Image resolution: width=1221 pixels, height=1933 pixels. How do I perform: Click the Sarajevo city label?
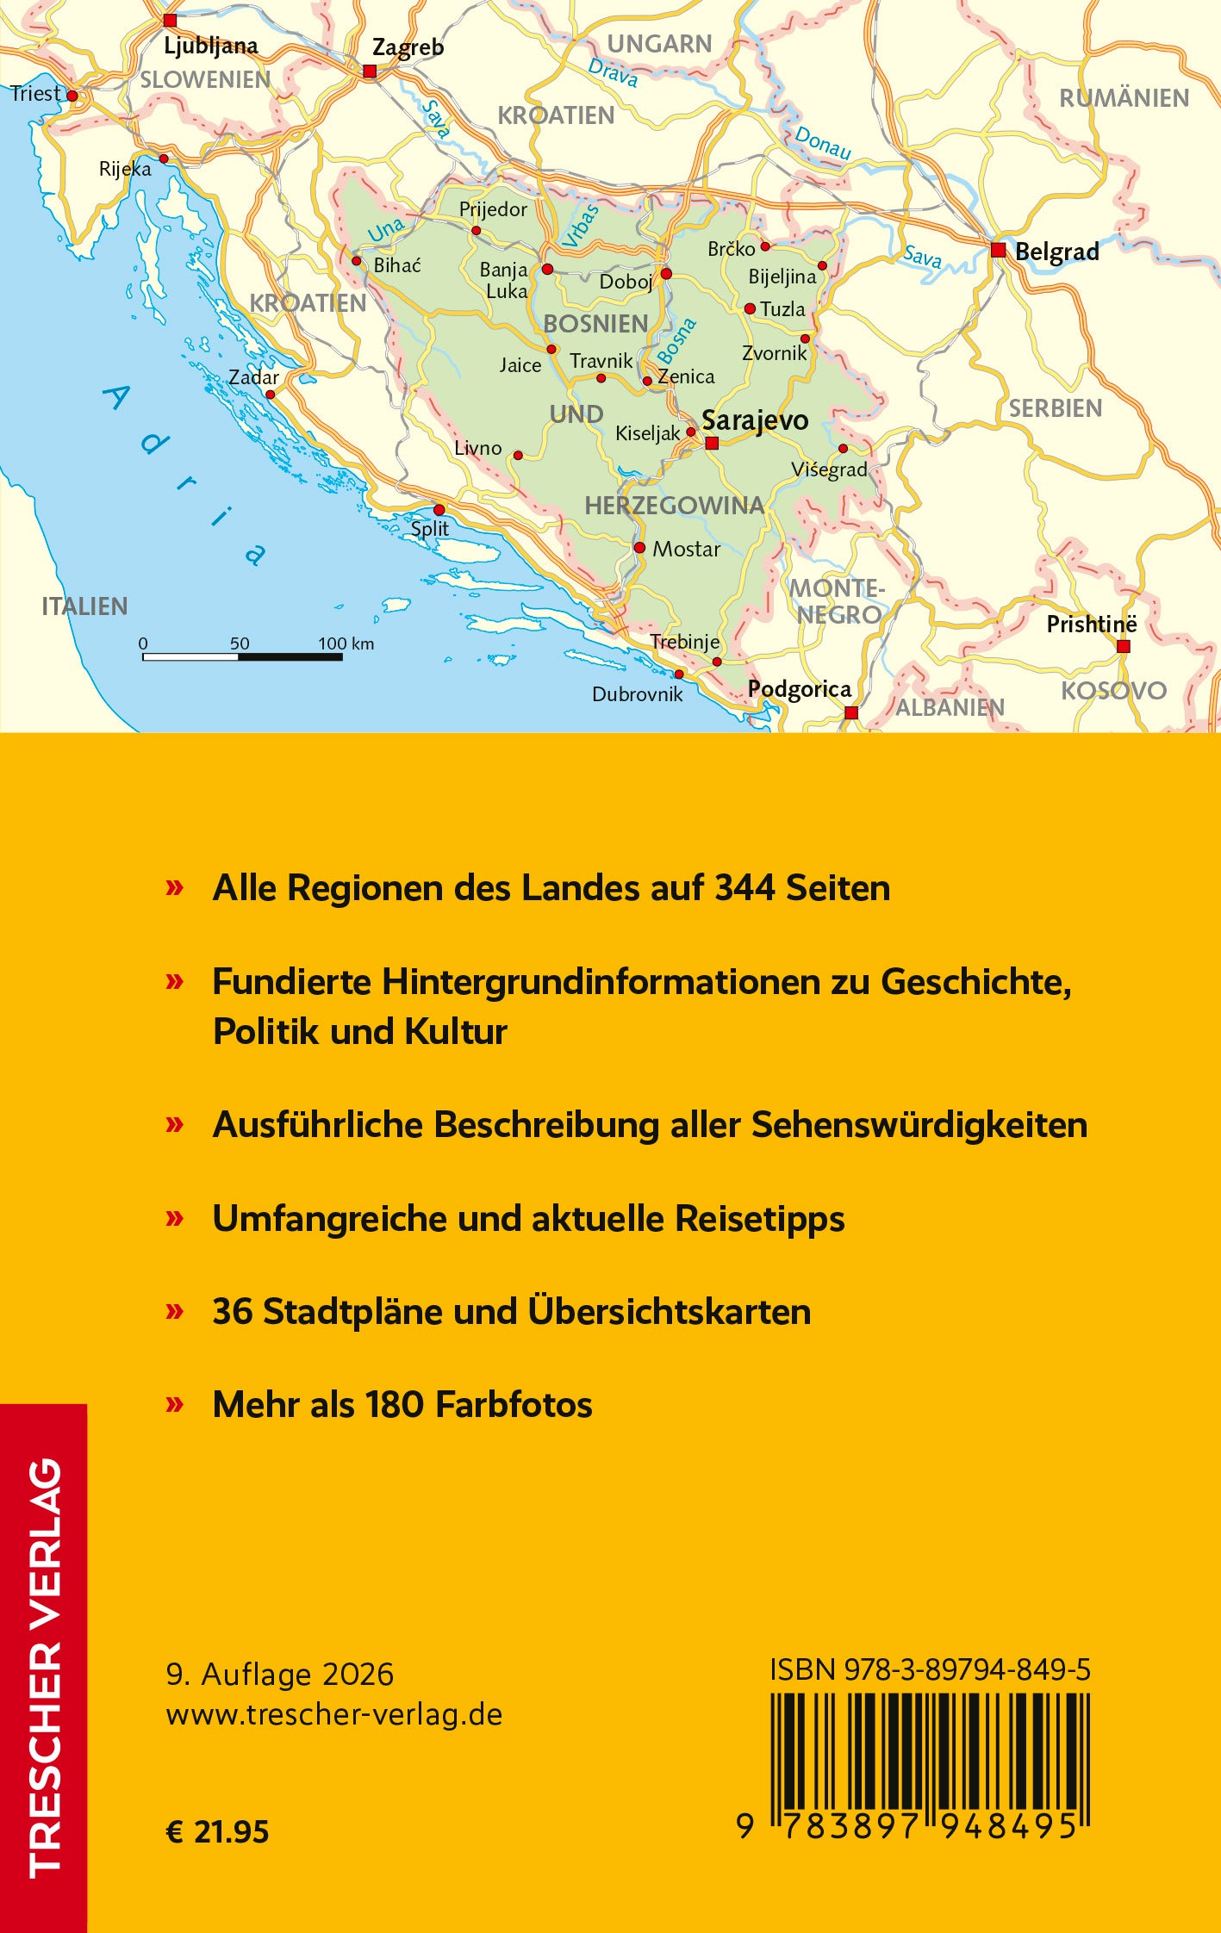coord(755,420)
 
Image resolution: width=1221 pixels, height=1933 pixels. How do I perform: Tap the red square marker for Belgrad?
coord(998,250)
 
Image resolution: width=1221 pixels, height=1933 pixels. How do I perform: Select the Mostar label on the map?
coord(686,549)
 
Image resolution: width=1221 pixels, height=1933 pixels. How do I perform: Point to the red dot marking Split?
coord(439,510)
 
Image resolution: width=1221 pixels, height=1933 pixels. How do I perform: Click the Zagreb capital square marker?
coord(370,71)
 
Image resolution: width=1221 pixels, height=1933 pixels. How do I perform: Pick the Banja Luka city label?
coord(504,280)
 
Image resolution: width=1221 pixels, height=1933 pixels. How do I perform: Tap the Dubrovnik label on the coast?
coord(637,694)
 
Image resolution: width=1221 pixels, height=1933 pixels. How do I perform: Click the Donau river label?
coord(822,143)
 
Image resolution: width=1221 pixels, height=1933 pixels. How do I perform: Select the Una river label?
coord(385,230)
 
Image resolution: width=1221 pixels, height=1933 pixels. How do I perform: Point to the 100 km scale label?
coord(346,643)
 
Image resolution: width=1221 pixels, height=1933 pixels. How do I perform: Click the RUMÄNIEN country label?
coord(1124,98)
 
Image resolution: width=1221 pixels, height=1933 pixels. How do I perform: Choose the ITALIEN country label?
coord(84,606)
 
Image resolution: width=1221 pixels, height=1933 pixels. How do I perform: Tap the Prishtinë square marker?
coord(1123,646)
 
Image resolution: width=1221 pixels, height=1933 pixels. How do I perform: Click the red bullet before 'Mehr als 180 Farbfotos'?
coord(175,1404)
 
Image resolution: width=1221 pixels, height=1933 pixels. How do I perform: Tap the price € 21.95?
coord(217,1831)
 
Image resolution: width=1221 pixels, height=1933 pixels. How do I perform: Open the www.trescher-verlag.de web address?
coord(334,1714)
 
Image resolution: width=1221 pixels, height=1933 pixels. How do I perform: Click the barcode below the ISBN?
coord(930,1758)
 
